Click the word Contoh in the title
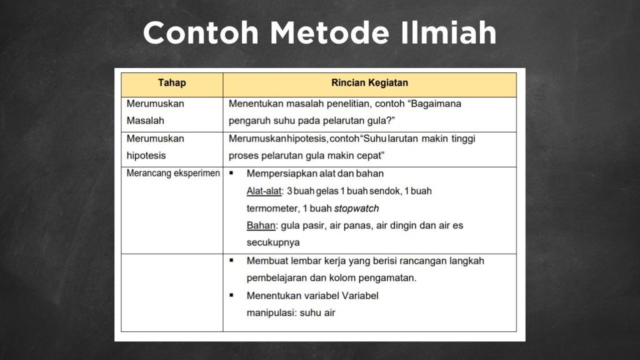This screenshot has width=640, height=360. click(200, 32)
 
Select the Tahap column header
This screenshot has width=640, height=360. click(172, 82)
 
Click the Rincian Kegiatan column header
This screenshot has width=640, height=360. click(369, 82)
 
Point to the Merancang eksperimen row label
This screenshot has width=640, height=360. click(173, 173)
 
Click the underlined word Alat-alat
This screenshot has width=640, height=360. click(264, 191)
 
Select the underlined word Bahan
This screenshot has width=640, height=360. click(261, 225)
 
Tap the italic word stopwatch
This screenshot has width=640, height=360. click(356, 208)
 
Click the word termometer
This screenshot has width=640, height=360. click(272, 208)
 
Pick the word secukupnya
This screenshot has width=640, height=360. click(273, 242)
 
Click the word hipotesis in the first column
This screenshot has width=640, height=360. click(146, 156)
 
